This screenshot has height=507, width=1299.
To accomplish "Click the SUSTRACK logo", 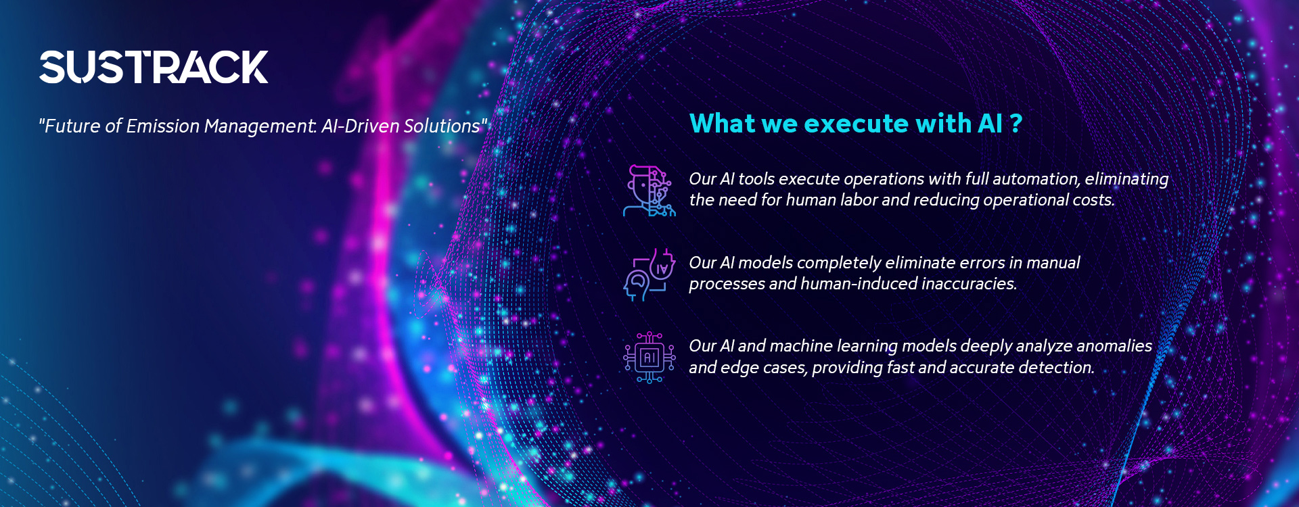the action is pos(154,67).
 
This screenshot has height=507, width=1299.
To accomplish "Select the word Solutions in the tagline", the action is pos(442,126).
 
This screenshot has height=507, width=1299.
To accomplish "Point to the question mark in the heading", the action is pos(1016,124).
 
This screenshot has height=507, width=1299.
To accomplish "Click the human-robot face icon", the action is pos(649,191).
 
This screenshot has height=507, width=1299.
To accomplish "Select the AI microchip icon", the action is pos(649,358).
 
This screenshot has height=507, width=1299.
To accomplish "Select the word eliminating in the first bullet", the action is pos(1126,179).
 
